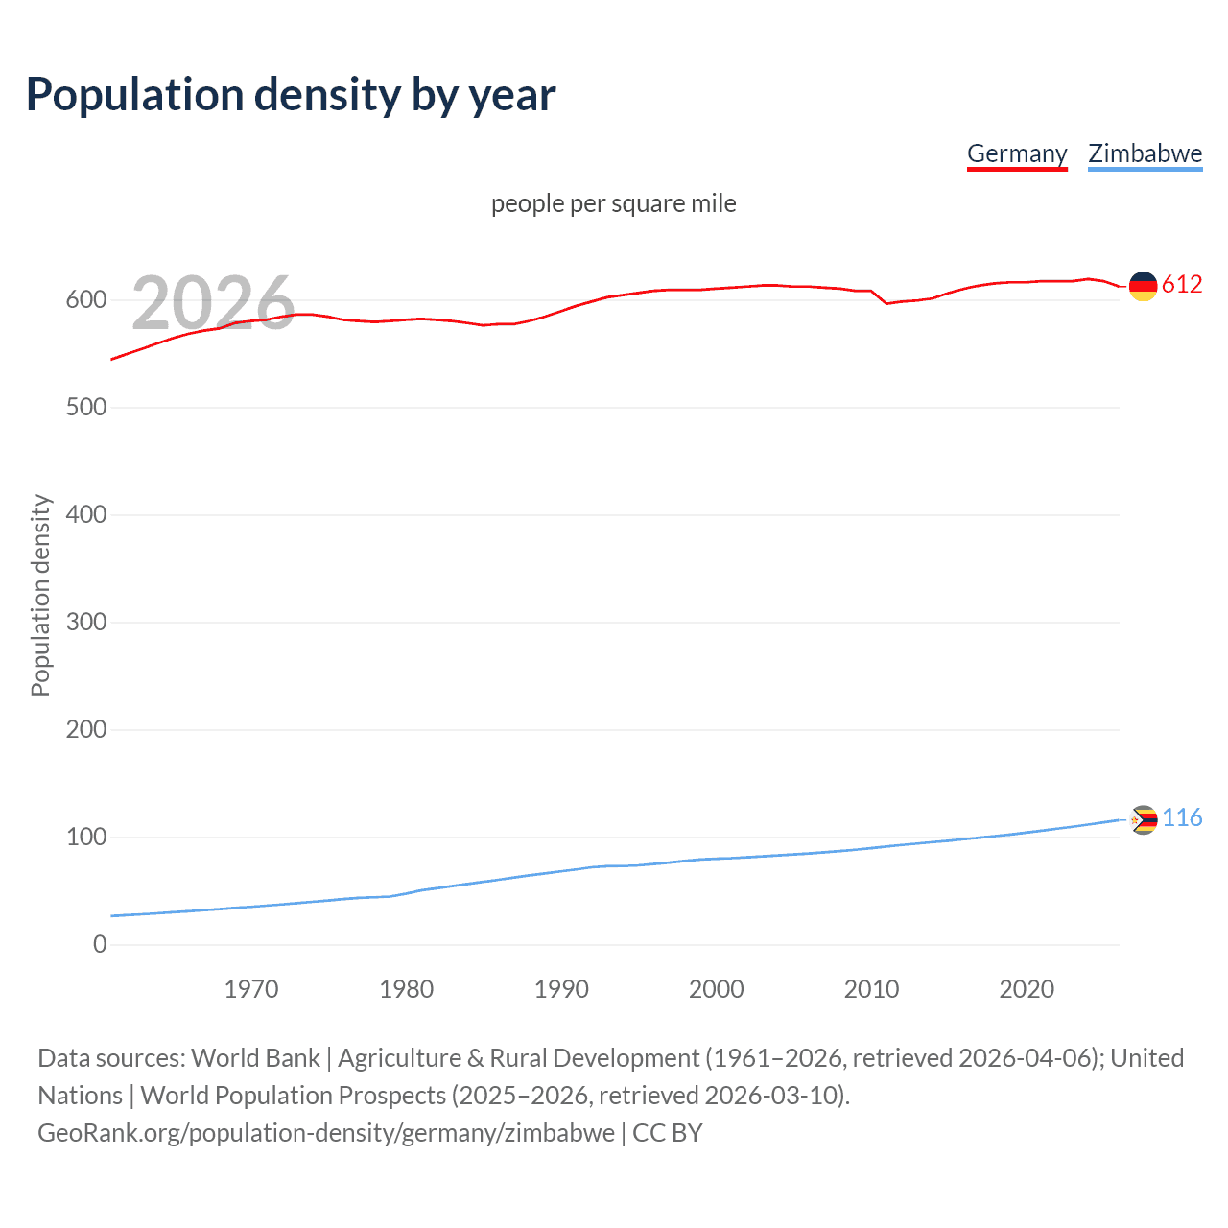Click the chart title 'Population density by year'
coord(291,95)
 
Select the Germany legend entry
coord(1017,153)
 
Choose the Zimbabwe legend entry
coord(1145,153)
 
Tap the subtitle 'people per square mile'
coord(614,204)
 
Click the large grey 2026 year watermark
coord(213,303)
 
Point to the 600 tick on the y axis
coord(86,300)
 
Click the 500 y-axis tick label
coord(86,408)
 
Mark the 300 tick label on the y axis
coord(86,623)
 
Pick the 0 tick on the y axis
coord(100,945)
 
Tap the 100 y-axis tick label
coord(86,838)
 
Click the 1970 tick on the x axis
coord(251,989)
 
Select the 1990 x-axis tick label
coord(561,989)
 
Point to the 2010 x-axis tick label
coord(871,989)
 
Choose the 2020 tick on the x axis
coord(1027,989)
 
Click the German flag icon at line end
coord(1143,286)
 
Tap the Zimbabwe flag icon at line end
coord(1143,820)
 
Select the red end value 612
coord(1182,285)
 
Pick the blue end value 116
coord(1182,818)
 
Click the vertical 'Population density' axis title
coord(40,595)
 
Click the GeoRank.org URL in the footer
coord(326,1133)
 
